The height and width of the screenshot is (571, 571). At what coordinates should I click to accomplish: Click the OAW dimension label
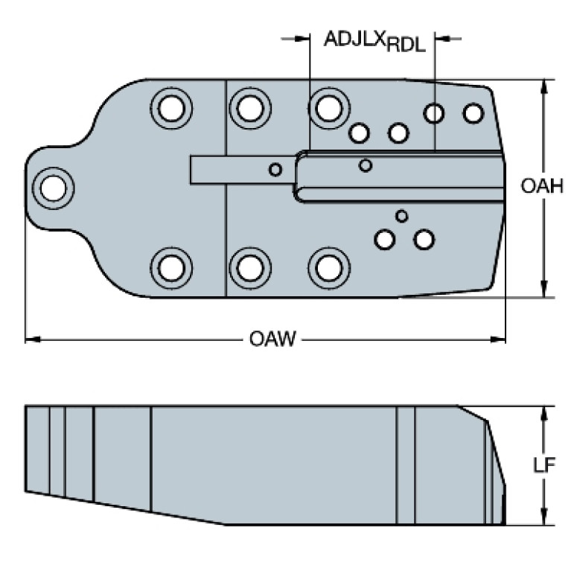(272, 340)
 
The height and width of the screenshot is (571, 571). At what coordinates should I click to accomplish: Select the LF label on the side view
(545, 465)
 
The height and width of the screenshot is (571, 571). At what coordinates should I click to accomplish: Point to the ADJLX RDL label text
(374, 41)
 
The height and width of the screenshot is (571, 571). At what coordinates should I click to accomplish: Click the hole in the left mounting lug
(52, 186)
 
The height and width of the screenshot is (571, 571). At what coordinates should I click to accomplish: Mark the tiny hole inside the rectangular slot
(275, 170)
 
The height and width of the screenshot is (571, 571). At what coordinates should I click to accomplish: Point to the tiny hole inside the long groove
(365, 165)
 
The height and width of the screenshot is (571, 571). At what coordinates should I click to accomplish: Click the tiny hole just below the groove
(402, 216)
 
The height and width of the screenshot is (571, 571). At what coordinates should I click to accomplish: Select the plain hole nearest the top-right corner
(473, 113)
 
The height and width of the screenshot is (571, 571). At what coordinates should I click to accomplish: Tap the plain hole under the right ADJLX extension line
(434, 113)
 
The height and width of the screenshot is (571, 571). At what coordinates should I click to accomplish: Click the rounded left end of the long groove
(300, 176)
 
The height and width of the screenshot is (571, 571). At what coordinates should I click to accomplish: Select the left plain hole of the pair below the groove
(385, 240)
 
